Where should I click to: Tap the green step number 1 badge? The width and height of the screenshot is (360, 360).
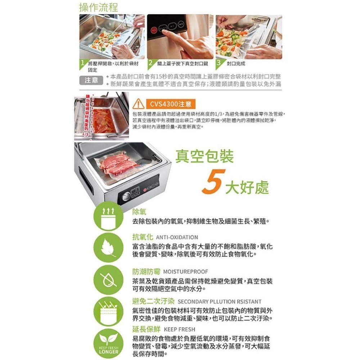(x=83, y=64)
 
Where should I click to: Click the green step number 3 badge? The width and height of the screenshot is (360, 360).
(x=219, y=64)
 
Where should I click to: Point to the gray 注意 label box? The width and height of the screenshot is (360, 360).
(x=91, y=80)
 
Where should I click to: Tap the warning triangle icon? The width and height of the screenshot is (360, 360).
(x=138, y=104)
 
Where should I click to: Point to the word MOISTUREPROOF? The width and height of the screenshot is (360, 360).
(x=185, y=271)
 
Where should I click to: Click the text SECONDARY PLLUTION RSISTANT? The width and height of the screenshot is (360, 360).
(x=220, y=301)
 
